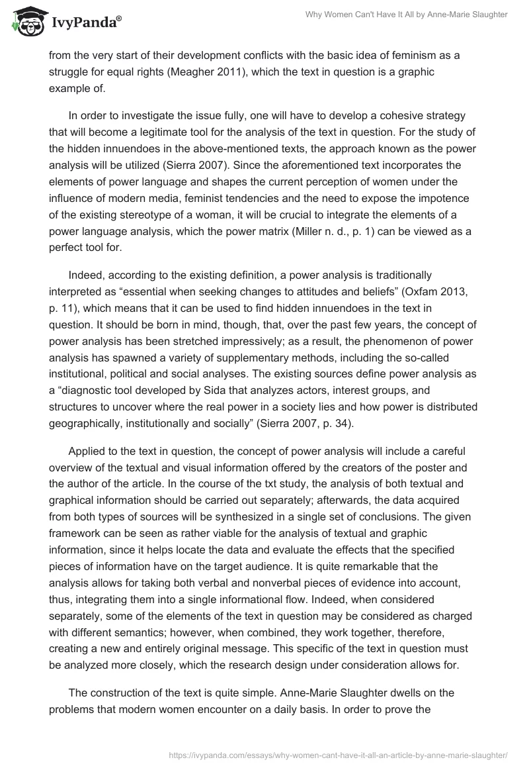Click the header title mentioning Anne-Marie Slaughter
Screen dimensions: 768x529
pyautogui.click(x=405, y=15)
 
